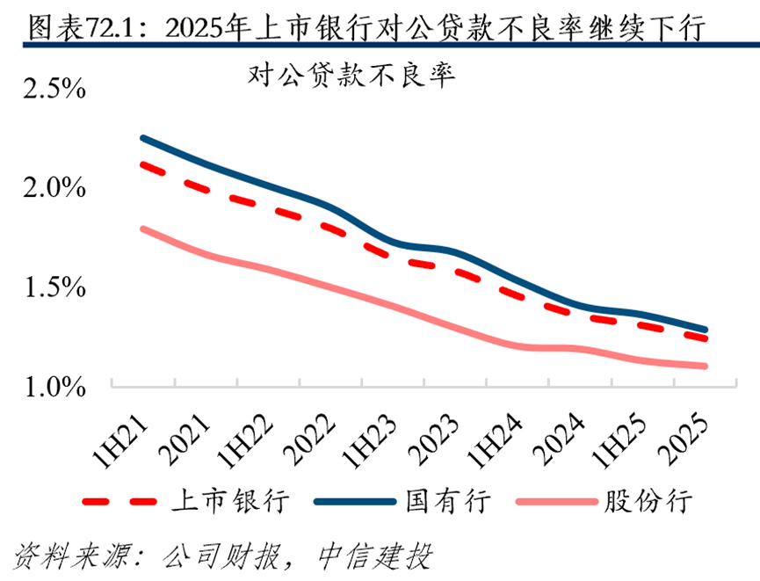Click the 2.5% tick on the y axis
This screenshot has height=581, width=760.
(54, 88)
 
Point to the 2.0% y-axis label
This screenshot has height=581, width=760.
(54, 188)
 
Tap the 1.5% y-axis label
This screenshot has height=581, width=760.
(54, 287)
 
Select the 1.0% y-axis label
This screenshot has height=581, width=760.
(54, 387)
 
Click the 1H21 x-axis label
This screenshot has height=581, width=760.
(119, 441)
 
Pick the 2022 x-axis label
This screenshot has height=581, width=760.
(308, 439)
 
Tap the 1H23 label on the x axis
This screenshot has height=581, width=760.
(369, 441)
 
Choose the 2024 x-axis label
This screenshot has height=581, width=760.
(558, 439)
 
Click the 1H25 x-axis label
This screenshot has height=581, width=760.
(619, 441)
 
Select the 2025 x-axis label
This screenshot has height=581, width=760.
(683, 439)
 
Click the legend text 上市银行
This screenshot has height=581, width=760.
(230, 500)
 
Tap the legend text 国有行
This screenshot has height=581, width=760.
(448, 500)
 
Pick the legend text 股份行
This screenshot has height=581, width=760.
(648, 500)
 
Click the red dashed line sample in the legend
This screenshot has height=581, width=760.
(119, 502)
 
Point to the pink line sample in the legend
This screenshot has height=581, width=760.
(557, 502)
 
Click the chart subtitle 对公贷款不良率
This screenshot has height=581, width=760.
(352, 76)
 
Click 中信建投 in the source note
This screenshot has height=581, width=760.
(374, 556)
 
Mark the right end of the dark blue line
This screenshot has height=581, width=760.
(705, 330)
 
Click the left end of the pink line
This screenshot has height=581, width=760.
(143, 229)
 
